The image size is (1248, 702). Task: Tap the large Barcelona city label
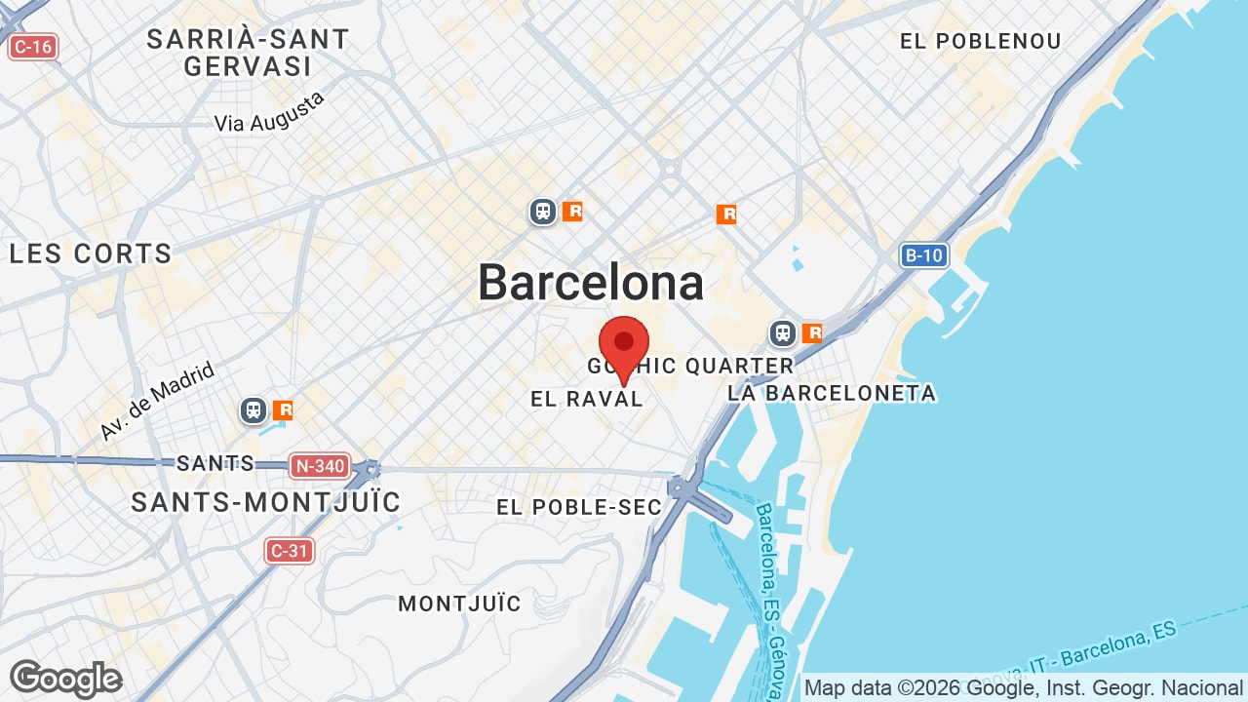coord(591,283)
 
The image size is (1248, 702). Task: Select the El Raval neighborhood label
coord(587,399)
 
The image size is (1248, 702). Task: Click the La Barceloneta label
coord(832,393)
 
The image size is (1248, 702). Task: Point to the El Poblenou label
coord(980,41)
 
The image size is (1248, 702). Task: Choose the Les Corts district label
coord(91,253)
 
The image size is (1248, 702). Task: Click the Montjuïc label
coord(459,604)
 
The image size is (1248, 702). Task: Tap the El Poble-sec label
coord(579,507)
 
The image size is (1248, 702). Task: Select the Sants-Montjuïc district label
coord(266,502)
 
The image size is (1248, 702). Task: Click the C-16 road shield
coord(33,46)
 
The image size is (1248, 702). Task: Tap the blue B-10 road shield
coord(923,255)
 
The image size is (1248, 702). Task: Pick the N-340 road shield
coord(319,466)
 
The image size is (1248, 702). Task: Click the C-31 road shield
coord(290,551)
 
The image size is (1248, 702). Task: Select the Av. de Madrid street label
coord(156,401)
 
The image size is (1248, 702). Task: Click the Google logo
coord(66,679)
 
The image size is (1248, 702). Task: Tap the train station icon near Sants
coord(254,410)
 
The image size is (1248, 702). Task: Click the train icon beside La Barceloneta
coord(783,333)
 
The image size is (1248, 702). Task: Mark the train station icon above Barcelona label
coord(543,211)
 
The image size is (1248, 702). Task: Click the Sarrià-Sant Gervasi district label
coord(248,53)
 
